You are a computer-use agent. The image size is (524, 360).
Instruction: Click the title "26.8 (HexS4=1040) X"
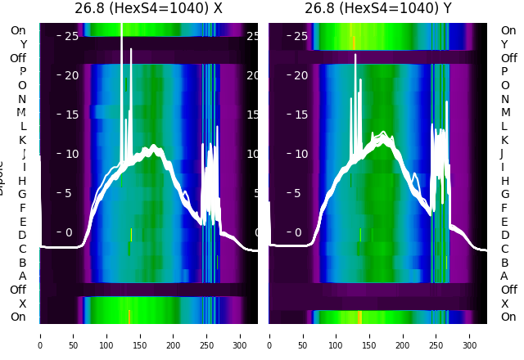point(148,9)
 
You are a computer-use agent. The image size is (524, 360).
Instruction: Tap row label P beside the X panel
point(23,72)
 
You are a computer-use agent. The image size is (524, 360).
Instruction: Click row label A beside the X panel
point(23,276)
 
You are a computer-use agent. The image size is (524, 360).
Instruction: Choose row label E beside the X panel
point(23,222)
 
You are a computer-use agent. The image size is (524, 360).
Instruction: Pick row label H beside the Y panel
point(504,181)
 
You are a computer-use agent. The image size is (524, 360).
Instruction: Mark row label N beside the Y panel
point(504,99)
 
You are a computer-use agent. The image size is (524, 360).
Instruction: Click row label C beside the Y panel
point(504,249)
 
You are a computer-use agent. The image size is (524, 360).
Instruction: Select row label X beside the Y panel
point(504,304)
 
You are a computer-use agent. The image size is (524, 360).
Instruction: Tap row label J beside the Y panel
point(502,154)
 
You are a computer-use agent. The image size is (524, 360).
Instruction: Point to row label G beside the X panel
point(22,194)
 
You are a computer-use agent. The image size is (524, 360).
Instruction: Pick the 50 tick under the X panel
point(74,335)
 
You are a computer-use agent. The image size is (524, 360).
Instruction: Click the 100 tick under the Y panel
point(337,335)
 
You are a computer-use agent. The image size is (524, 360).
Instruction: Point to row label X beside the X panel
point(23,304)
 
